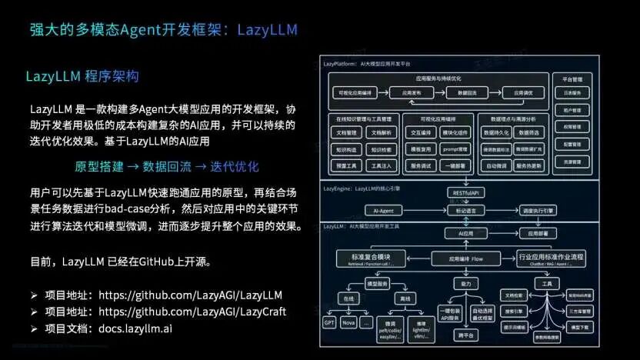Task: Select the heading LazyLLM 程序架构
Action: point(82,77)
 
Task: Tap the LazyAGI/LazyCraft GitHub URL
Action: point(192,311)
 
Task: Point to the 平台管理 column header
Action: point(572,78)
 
